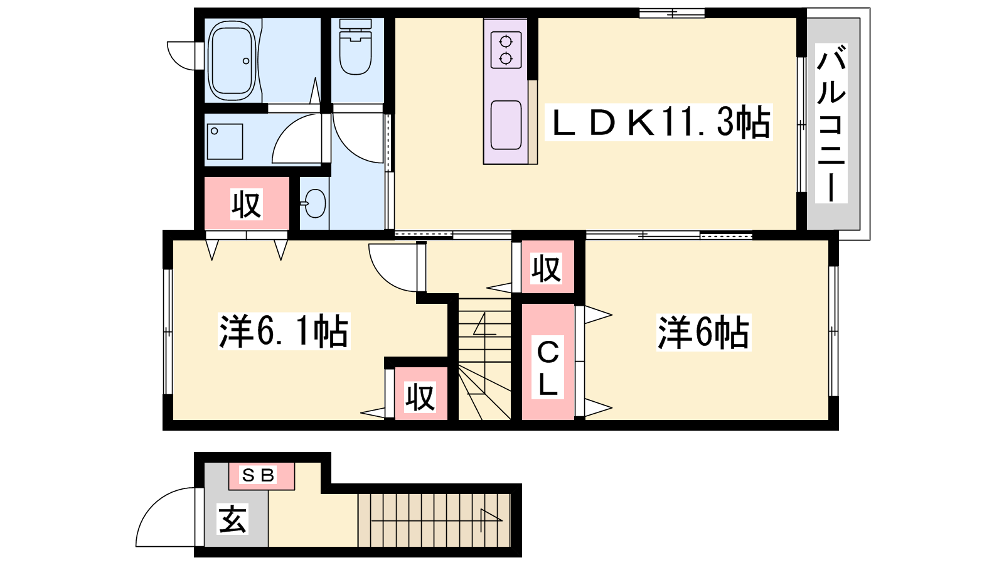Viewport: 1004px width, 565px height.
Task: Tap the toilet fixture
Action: click(355, 46)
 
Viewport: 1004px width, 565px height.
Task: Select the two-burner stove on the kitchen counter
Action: click(506, 50)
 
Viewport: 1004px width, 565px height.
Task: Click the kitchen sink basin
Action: click(506, 125)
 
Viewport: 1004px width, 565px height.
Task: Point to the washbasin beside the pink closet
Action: click(314, 203)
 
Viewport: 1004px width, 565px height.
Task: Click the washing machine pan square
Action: click(225, 142)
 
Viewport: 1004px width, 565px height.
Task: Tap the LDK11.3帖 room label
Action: click(659, 122)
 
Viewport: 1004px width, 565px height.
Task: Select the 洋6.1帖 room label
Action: click(284, 332)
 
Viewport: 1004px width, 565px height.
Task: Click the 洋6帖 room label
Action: click(703, 333)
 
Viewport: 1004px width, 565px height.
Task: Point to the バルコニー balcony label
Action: click(831, 123)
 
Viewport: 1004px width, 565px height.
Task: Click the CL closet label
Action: click(548, 368)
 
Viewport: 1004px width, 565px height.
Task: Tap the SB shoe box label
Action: click(258, 475)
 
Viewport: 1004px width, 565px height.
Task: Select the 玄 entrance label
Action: click(232, 519)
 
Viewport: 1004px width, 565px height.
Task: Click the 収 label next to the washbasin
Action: click(247, 205)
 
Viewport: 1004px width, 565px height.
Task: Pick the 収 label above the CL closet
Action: click(546, 269)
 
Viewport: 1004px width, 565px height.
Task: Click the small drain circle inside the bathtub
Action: click(245, 61)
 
